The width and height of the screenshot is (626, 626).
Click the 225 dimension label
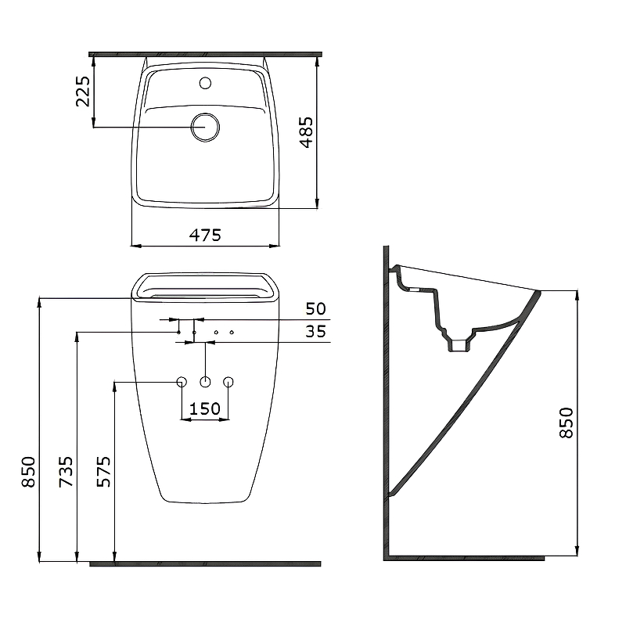[83, 92]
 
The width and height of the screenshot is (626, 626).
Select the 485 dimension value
[307, 132]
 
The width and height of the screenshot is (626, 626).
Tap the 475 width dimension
[205, 235]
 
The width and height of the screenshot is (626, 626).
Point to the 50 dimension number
[316, 308]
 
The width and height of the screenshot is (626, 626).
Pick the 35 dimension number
[316, 331]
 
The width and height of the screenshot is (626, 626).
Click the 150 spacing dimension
[205, 408]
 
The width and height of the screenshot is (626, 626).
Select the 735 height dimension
[67, 471]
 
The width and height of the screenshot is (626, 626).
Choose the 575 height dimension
[104, 471]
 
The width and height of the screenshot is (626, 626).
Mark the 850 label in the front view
[29, 472]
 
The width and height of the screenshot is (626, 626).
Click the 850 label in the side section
[566, 423]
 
